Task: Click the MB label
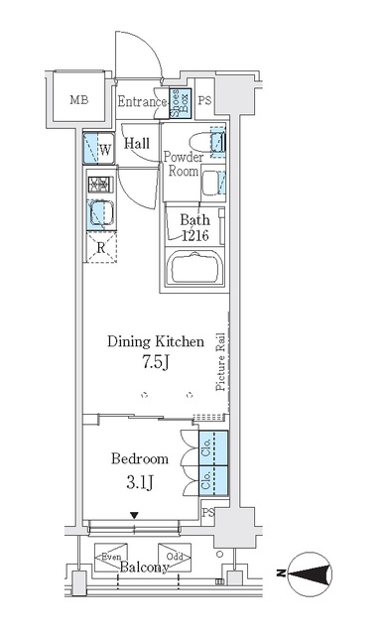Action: tap(76, 100)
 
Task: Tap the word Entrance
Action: tap(142, 101)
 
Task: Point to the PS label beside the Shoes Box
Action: tap(204, 101)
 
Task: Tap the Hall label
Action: tap(137, 143)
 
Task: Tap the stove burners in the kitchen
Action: tap(98, 184)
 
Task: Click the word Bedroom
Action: tap(140, 458)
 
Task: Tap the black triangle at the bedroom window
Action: tap(135, 514)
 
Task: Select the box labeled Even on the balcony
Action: tap(108, 557)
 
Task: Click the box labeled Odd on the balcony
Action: tap(173, 557)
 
